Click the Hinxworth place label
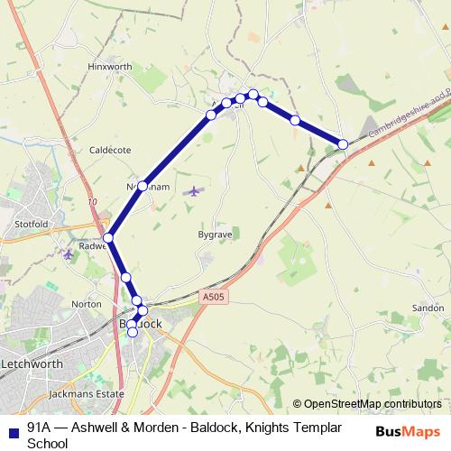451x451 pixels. click(x=110, y=67)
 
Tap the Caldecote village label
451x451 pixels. click(x=110, y=150)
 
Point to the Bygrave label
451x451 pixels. click(x=215, y=234)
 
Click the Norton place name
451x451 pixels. click(x=87, y=304)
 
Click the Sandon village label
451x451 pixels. click(x=427, y=308)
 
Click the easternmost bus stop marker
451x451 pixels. click(x=343, y=144)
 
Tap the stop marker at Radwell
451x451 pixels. click(x=108, y=239)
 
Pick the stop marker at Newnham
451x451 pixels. click(x=143, y=186)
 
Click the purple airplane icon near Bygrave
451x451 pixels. click(x=195, y=191)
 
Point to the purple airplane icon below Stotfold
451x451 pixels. click(x=69, y=255)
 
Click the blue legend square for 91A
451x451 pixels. click(x=12, y=428)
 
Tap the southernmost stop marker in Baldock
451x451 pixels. click(x=133, y=333)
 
